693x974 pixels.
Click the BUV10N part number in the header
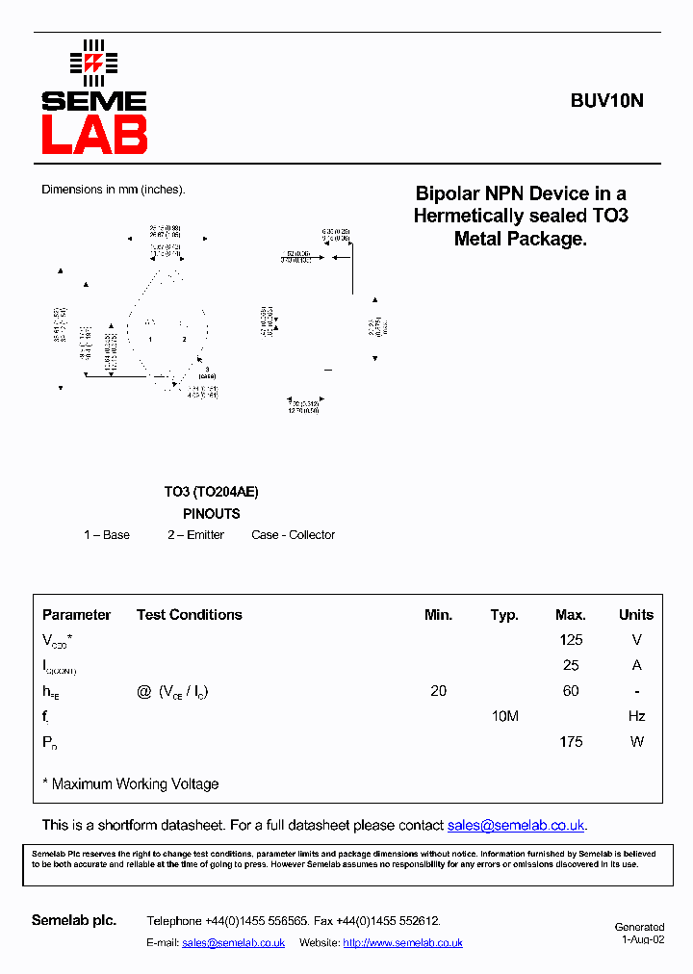point(606,99)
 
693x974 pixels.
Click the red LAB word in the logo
point(94,135)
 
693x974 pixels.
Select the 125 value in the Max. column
point(571,640)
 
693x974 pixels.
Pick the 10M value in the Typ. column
point(504,716)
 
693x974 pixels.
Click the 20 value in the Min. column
point(439,691)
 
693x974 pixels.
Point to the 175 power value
point(571,741)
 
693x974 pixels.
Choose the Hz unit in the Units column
point(636,716)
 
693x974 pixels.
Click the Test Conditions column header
point(189,615)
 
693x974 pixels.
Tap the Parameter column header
point(77,615)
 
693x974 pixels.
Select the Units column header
point(635,615)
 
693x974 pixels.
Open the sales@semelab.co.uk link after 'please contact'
point(516,826)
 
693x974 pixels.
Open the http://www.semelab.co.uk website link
point(402,943)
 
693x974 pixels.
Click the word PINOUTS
point(211,514)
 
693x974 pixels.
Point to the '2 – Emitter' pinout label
point(195,535)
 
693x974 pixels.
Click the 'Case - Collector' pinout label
point(294,535)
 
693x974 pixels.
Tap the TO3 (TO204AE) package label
point(211,492)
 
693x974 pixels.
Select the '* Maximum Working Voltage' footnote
point(131,784)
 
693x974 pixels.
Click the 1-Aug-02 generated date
point(643,939)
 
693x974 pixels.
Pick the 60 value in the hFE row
point(571,691)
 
